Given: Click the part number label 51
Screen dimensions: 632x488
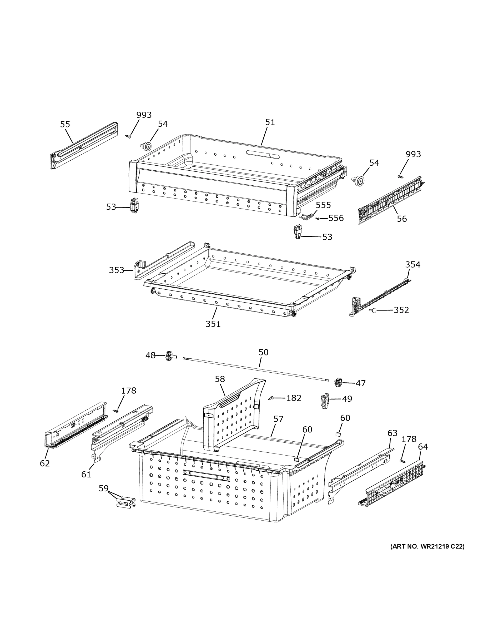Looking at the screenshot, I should tap(270, 122).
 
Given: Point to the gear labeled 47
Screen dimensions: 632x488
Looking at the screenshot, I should tap(338, 383).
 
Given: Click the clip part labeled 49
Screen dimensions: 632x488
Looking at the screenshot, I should tap(325, 401).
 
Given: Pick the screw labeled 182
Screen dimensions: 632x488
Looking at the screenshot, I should tap(271, 398).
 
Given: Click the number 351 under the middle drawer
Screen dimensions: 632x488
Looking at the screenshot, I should tap(213, 324).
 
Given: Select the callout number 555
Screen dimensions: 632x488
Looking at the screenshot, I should tap(323, 205).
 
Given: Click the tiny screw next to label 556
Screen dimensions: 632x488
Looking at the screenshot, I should tap(318, 219).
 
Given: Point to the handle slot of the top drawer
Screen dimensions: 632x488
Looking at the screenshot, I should tap(263, 154).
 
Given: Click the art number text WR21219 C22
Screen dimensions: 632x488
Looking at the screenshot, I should tap(427, 547).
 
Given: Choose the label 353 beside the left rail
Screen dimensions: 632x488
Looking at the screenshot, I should tap(116, 270).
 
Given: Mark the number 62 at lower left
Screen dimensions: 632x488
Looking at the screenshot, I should tap(45, 463).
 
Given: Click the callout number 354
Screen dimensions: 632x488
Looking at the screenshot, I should tap(412, 264).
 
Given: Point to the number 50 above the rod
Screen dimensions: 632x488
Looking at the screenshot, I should tap(263, 352).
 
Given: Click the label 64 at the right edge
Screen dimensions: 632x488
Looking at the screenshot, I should tap(423, 447).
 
